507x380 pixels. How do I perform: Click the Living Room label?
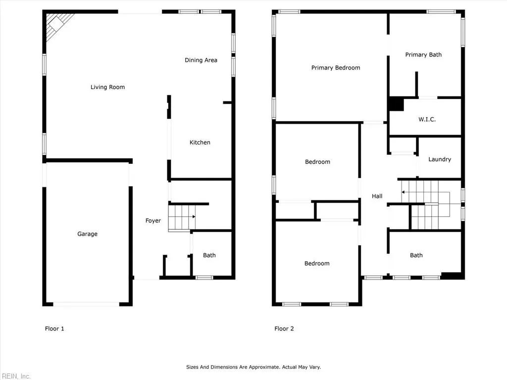(x=107, y=87)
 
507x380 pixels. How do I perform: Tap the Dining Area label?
(x=201, y=60)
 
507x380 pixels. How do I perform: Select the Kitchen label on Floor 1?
(x=200, y=142)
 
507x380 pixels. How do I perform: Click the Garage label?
(x=87, y=234)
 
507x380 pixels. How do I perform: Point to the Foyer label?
(x=153, y=221)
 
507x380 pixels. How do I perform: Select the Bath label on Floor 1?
(x=209, y=255)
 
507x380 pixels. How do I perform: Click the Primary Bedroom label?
(x=336, y=68)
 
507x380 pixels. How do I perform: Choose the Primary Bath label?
(x=423, y=55)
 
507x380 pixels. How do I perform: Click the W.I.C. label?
(x=427, y=119)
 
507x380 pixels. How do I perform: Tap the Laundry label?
(x=440, y=159)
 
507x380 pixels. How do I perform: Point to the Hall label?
(x=377, y=196)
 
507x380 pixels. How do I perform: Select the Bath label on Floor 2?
(x=416, y=255)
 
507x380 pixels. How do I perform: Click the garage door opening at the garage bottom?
(x=86, y=304)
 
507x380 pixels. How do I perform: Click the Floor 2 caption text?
(x=284, y=329)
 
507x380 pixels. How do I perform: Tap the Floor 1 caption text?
(x=54, y=329)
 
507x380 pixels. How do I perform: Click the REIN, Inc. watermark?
(x=15, y=376)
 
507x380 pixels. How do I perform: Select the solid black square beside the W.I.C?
(x=396, y=104)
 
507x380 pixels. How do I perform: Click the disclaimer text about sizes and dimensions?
(x=253, y=367)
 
